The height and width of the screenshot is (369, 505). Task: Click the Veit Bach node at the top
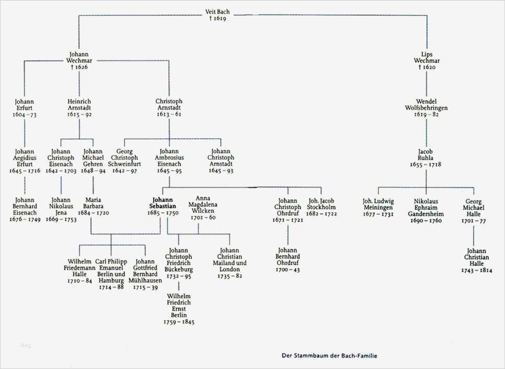[x=217, y=15]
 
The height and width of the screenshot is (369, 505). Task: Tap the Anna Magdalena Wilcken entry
[x=203, y=207]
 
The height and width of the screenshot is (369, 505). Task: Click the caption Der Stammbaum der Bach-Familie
[x=329, y=356]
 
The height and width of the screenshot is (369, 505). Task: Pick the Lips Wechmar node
[x=427, y=61]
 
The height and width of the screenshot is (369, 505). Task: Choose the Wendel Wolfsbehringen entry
[x=427, y=108]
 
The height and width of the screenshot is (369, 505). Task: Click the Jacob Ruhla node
[x=426, y=157]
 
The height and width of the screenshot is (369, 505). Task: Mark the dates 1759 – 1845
[x=179, y=322]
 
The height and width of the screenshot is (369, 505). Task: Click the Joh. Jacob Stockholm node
[x=322, y=207]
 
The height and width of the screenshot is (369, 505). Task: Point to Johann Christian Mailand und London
[x=229, y=263]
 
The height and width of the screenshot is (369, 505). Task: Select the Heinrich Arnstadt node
[x=79, y=108]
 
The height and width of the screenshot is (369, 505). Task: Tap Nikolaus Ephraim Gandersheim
[x=426, y=210]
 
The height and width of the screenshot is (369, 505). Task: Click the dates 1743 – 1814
[x=477, y=271]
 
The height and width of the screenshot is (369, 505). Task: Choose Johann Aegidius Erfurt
[x=25, y=161]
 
